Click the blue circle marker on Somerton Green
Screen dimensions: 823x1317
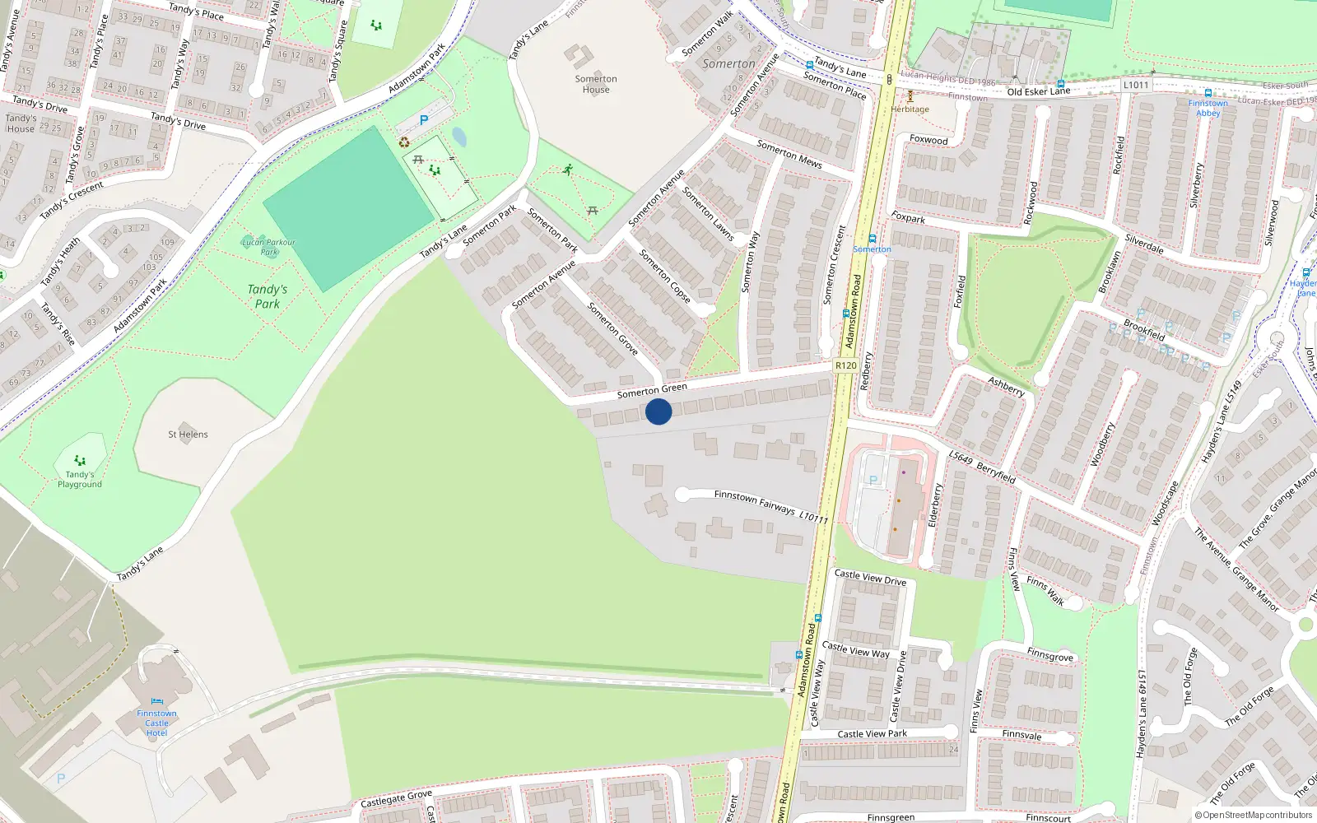click(658, 411)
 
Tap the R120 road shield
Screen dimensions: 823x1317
click(845, 365)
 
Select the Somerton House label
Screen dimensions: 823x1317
click(596, 84)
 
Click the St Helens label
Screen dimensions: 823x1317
click(188, 435)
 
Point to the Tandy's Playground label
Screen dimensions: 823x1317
click(80, 479)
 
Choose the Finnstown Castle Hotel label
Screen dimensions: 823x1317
click(156, 723)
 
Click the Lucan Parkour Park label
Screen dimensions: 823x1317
click(268, 246)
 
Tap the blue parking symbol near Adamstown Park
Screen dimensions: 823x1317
click(424, 120)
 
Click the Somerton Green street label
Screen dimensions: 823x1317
click(652, 391)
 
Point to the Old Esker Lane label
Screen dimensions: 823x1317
click(1038, 91)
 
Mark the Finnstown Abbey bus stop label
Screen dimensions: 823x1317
click(1208, 108)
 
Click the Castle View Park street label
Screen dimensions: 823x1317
click(872, 734)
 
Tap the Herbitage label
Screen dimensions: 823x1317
click(910, 109)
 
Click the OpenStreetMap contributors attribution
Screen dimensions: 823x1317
click(1254, 816)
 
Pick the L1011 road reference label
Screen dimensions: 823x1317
click(1136, 85)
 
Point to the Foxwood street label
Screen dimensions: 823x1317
click(928, 140)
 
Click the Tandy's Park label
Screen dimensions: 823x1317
click(268, 296)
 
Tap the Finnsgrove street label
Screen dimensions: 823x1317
click(1050, 655)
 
